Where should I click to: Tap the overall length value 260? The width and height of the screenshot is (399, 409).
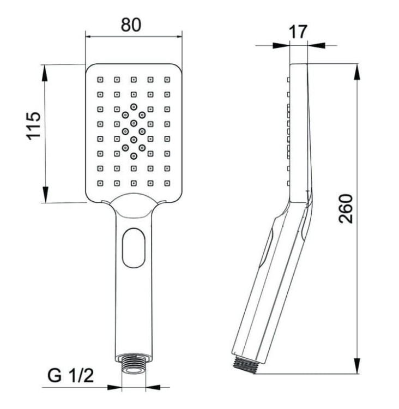pos(346,208)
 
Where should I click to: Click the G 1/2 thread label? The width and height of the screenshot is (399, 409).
pos(69,376)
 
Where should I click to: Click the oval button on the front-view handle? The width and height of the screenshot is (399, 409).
pos(133,246)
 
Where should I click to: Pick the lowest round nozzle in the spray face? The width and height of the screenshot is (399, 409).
pos(134,156)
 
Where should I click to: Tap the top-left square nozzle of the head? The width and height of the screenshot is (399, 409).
pos(100,80)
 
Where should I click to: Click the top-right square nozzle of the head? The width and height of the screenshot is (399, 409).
pos(167,80)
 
